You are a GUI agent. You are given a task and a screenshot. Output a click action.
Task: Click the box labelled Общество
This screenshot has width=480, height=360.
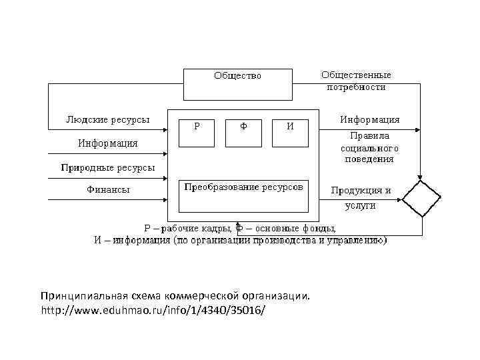[x=237, y=83]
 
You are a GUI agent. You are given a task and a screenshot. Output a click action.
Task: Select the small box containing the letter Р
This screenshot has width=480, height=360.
[x=198, y=132]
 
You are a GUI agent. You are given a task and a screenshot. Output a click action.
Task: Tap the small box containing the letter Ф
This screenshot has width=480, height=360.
[x=243, y=132]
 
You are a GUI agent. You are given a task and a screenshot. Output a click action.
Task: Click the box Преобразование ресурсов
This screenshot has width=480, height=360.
[x=243, y=194]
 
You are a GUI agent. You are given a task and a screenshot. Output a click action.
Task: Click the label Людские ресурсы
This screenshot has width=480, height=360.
[x=107, y=120]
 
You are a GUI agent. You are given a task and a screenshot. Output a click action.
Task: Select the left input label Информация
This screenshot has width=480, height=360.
[x=107, y=143]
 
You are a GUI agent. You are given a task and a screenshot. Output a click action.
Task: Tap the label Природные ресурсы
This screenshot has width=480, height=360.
[x=107, y=167]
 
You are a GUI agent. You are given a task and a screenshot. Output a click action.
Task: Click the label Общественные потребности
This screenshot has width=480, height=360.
[x=356, y=81]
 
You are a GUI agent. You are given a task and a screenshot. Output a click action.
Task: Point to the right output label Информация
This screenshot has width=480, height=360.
[x=370, y=120]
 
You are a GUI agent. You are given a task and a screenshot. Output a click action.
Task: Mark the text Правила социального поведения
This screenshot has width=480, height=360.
[x=369, y=147]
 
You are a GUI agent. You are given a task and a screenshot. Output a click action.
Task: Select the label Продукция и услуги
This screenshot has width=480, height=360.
[x=361, y=198]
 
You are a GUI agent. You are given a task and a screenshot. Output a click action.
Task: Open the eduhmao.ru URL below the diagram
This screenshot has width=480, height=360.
[x=153, y=311]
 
